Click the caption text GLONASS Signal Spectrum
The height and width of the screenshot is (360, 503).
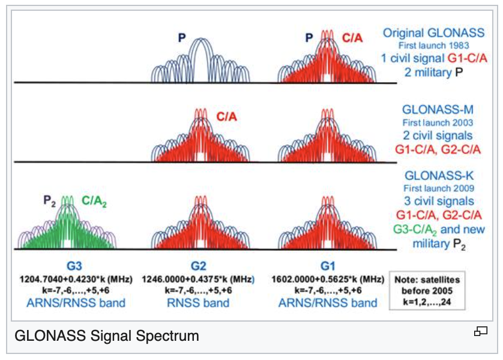pyautogui.click(x=106, y=334)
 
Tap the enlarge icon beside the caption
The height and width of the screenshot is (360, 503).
pyautogui.click(x=480, y=331)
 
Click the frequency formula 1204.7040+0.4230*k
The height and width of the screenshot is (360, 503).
pyautogui.click(x=70, y=279)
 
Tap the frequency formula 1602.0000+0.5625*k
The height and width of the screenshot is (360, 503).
pyautogui.click(x=327, y=279)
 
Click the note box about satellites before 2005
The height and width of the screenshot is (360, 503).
pyautogui.click(x=428, y=290)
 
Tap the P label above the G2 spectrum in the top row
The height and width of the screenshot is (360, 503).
pyautogui.click(x=181, y=38)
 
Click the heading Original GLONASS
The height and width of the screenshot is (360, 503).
pyautogui.click(x=433, y=33)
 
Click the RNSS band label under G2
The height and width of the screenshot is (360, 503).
pyautogui.click(x=197, y=303)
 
